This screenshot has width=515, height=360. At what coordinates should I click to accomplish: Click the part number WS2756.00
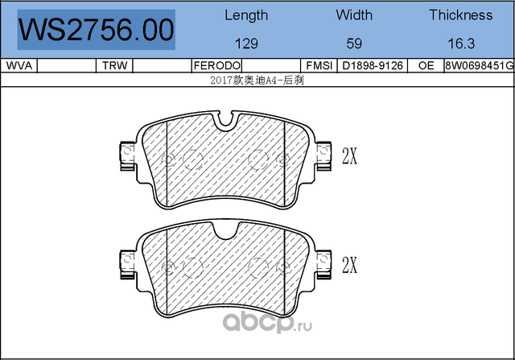(x=96, y=30)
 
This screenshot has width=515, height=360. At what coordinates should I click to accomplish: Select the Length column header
(x=246, y=14)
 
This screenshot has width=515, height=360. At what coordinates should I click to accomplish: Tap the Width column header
(x=354, y=14)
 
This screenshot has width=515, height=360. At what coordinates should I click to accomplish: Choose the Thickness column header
(x=460, y=14)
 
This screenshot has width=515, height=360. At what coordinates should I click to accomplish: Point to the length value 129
(x=246, y=43)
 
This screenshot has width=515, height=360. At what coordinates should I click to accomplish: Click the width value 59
(x=354, y=43)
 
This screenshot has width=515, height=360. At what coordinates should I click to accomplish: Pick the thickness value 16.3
(x=460, y=43)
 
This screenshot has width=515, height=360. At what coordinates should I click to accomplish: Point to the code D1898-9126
(x=373, y=65)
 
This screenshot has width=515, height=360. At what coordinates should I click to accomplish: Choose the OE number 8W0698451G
(x=478, y=65)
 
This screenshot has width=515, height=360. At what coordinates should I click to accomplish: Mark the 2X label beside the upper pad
(x=349, y=156)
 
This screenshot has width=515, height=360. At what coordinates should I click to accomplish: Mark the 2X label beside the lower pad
(x=349, y=264)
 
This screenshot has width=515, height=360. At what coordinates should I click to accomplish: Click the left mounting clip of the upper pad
(x=126, y=153)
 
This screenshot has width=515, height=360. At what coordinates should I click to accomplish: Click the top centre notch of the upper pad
(x=227, y=122)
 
